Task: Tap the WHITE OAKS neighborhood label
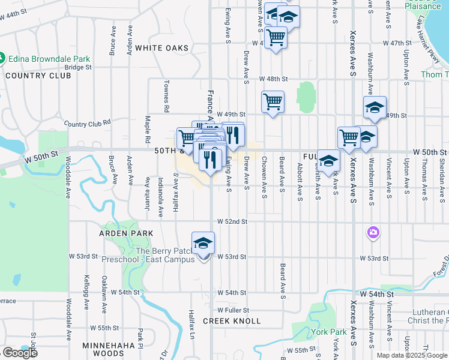(161, 47)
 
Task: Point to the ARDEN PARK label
(127, 233)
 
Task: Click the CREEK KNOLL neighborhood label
(231, 321)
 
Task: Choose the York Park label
(329, 332)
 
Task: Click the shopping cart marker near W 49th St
(273, 102)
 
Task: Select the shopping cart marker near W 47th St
(276, 37)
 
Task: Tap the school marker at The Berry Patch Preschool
(203, 243)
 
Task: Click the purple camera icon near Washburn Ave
(373, 232)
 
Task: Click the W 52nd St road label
(232, 221)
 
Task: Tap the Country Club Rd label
(88, 124)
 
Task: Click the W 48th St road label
(274, 79)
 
